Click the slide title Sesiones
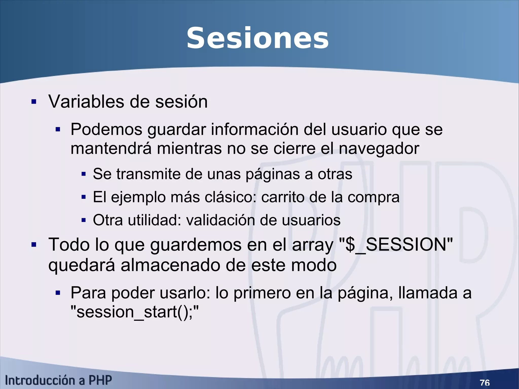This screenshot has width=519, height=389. (x=257, y=39)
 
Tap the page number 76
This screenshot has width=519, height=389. (x=485, y=382)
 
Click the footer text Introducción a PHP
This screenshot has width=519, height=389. (x=58, y=380)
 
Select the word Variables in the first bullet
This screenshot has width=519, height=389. (x=86, y=102)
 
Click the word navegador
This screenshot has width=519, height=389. (x=379, y=149)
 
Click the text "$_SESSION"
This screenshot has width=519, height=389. (x=396, y=245)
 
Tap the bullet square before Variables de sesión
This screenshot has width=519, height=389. (x=34, y=102)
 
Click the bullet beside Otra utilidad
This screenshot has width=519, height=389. (x=84, y=220)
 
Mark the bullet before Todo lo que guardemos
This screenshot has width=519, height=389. (x=34, y=245)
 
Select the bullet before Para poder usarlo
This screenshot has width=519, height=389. (x=58, y=293)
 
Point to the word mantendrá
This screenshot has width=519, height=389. (x=111, y=149)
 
